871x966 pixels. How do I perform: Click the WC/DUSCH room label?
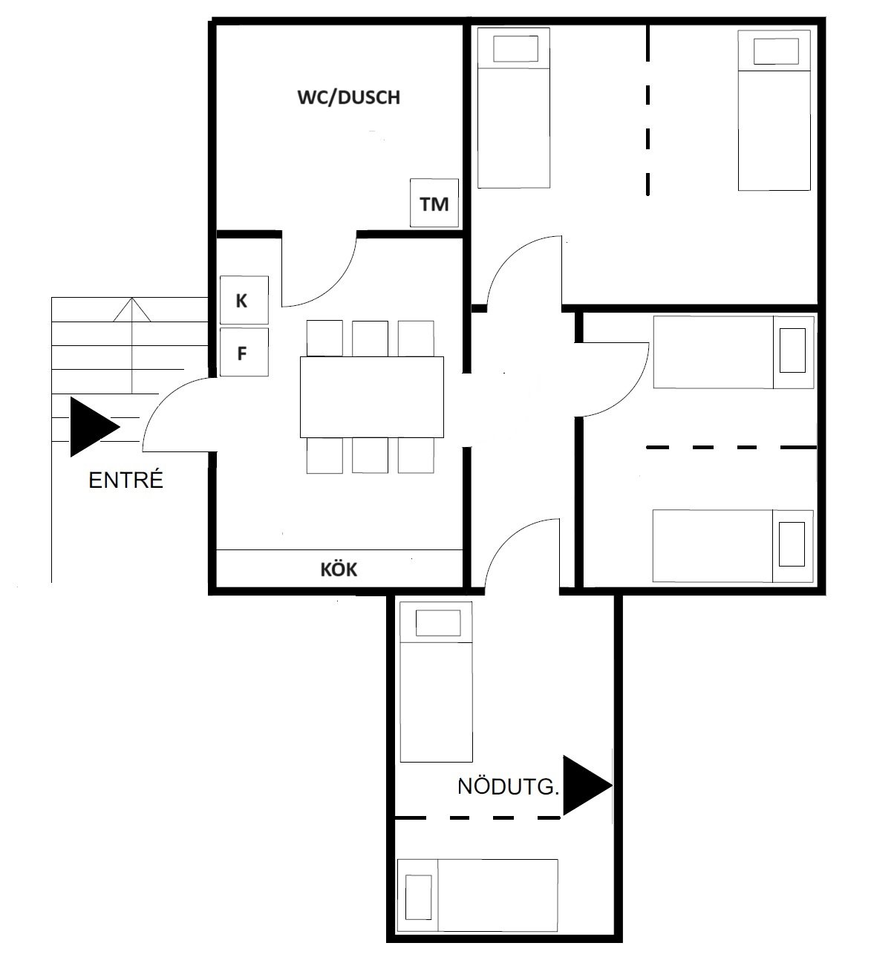(349, 97)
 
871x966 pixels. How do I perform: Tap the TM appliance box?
(434, 203)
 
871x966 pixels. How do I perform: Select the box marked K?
(244, 300)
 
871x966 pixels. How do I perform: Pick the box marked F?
(244, 352)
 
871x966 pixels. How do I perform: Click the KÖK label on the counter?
(339, 570)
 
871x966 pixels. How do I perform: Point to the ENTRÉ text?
(125, 480)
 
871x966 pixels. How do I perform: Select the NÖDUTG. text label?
(508, 787)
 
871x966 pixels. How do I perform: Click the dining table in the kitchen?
(372, 397)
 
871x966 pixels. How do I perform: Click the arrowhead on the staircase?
(131, 310)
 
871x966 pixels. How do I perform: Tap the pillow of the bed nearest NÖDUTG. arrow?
(438, 623)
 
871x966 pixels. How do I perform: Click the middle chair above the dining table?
(370, 339)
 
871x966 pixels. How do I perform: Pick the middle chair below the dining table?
(370, 456)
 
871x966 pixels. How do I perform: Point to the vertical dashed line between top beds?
(648, 110)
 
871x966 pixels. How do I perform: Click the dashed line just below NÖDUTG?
(477, 817)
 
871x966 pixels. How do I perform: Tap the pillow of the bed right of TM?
(515, 49)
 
